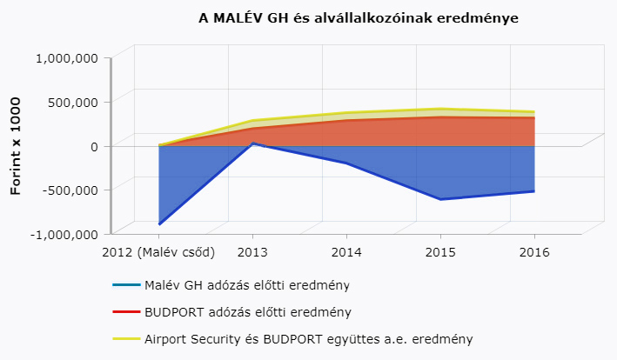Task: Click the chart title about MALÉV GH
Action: click(x=359, y=17)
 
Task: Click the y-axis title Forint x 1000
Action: click(x=16, y=146)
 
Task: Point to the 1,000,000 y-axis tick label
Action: click(x=66, y=58)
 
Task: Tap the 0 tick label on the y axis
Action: click(x=92, y=146)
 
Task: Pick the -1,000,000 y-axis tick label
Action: click(x=64, y=234)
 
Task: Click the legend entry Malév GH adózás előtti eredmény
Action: click(x=247, y=284)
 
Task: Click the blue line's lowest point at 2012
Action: click(x=159, y=224)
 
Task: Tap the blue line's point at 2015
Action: click(x=440, y=199)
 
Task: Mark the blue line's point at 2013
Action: click(x=252, y=143)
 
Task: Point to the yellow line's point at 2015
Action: click(x=440, y=109)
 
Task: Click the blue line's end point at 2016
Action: click(x=533, y=191)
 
